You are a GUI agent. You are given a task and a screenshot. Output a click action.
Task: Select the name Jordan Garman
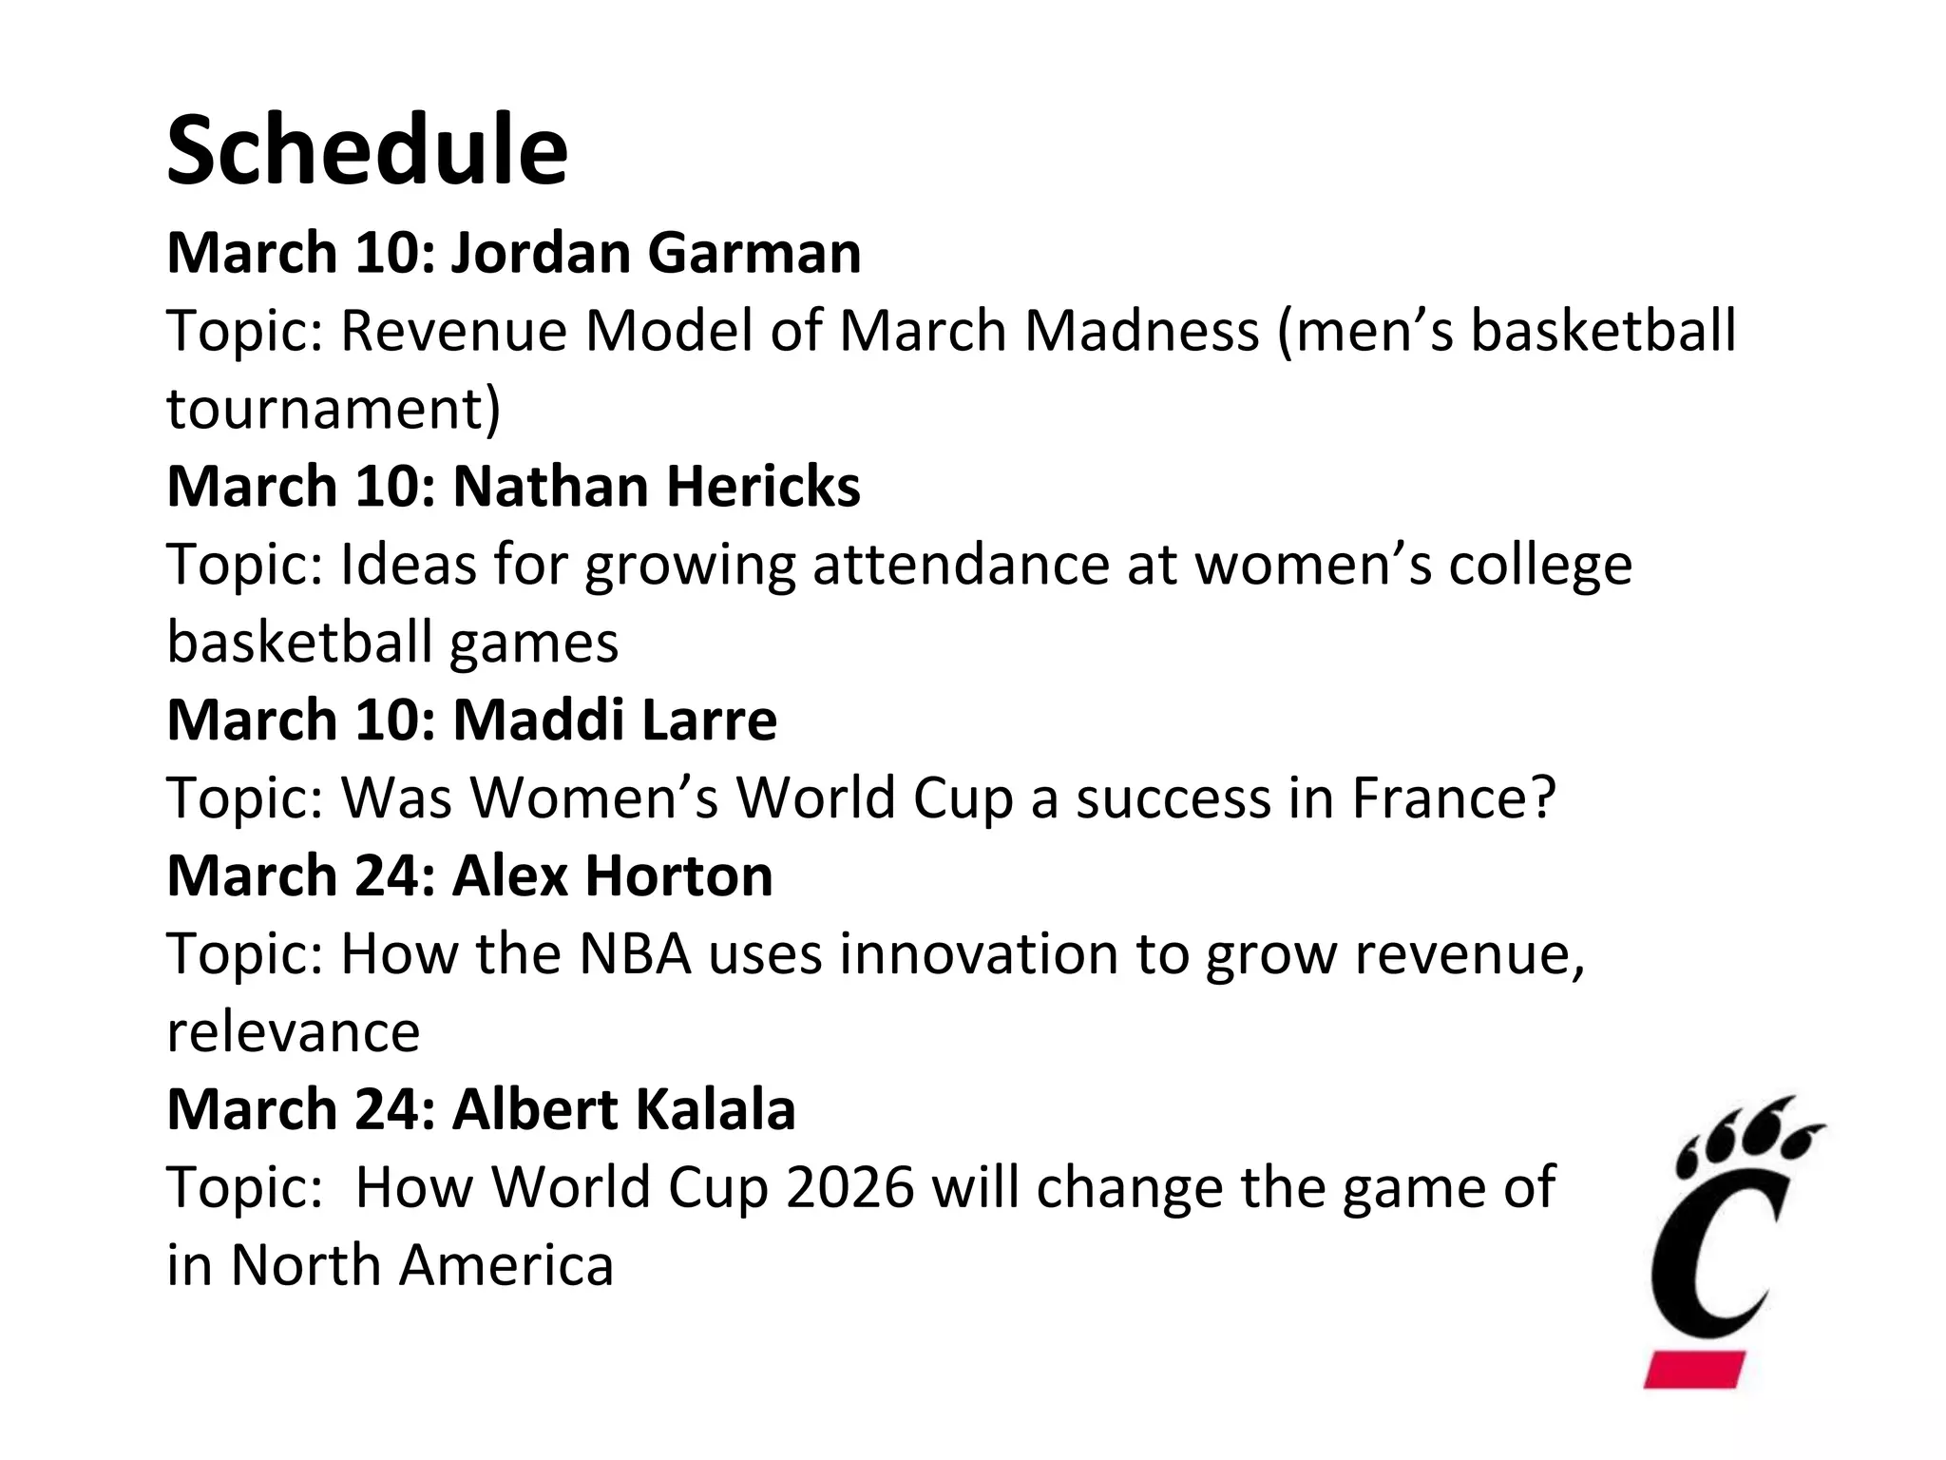click(656, 253)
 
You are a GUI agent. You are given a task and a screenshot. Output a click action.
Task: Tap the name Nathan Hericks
click(657, 487)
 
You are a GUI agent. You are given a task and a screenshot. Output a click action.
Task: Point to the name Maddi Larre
click(615, 720)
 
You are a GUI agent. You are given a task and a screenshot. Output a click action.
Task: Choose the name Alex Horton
click(612, 875)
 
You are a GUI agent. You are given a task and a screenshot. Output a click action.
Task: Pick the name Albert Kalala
click(623, 1109)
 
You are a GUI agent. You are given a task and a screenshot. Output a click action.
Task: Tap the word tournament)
click(334, 409)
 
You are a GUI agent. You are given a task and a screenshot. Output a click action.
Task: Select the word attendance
click(961, 565)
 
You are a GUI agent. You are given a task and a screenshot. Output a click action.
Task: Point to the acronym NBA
click(635, 953)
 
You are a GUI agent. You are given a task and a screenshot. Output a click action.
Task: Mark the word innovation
click(980, 953)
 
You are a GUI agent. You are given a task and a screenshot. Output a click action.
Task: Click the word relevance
click(293, 1031)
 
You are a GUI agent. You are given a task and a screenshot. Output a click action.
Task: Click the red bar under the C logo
click(1695, 1369)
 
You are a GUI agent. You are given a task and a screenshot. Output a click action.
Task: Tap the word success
click(1173, 797)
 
